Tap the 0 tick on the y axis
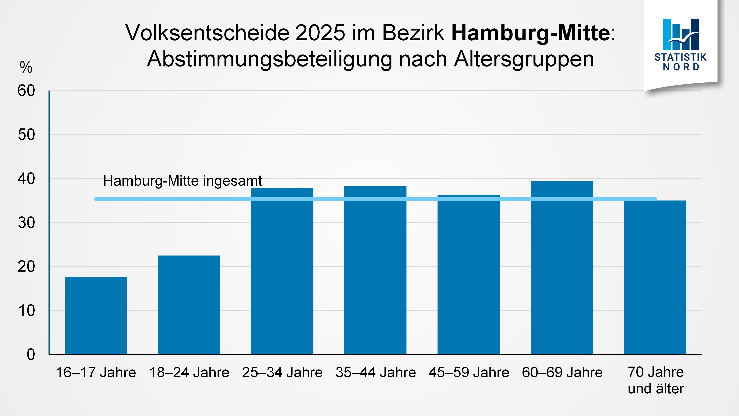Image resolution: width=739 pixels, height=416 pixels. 31,354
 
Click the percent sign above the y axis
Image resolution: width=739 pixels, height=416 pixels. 26,67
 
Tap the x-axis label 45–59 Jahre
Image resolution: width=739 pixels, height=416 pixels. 469,372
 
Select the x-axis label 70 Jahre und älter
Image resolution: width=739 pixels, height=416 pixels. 656,380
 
